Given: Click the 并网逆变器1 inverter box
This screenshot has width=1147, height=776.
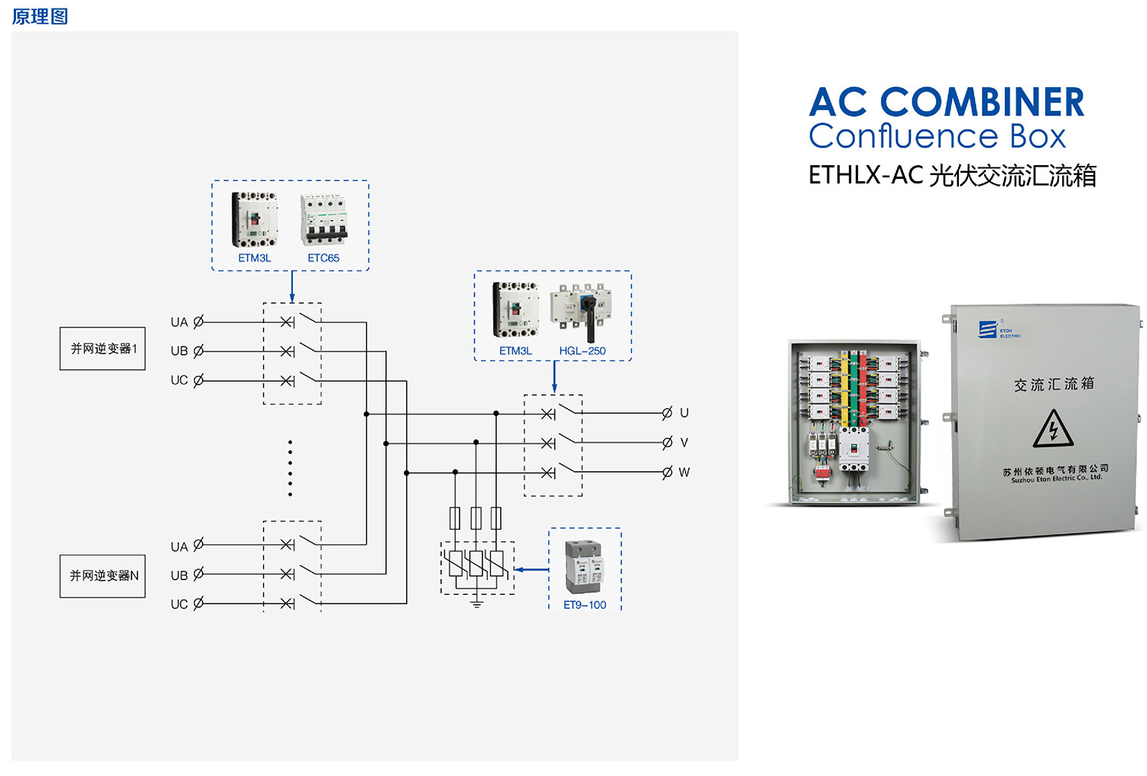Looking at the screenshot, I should (x=102, y=349).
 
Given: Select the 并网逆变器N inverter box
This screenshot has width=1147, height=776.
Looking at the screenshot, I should (x=102, y=576).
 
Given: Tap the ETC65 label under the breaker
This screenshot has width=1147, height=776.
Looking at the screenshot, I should (x=323, y=258).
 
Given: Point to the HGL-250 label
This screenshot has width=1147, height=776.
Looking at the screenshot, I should (x=582, y=351).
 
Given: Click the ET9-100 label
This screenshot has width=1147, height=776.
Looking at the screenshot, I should (x=584, y=605).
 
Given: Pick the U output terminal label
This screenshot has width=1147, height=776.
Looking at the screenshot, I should (x=684, y=413).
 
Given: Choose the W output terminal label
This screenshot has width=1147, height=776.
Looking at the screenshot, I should (x=684, y=472).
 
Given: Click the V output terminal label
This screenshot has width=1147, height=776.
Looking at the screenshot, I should (x=684, y=443).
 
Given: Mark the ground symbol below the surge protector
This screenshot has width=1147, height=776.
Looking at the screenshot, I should (x=476, y=604).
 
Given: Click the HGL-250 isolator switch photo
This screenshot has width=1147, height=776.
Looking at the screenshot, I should (x=581, y=311).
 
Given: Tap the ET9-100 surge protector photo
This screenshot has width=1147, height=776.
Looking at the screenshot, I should (x=584, y=567).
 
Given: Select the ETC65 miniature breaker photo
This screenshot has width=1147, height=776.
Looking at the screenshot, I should (x=324, y=219).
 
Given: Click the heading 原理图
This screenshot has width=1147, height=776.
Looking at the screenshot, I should (x=40, y=16).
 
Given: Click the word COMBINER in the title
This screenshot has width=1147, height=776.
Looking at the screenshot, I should (x=982, y=102).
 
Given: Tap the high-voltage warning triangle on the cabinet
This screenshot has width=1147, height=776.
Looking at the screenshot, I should (x=1053, y=429).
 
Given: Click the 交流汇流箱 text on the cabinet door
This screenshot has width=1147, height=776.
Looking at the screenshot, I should (x=1054, y=384).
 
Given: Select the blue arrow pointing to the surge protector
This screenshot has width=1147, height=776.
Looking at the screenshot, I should (x=531, y=570).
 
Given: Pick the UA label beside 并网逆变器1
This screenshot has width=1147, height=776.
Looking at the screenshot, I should (x=179, y=323).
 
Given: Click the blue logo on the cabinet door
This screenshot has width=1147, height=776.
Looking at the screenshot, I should (x=988, y=330).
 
